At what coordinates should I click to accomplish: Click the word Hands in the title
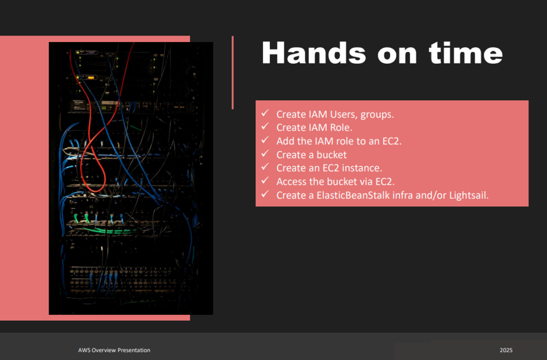click(x=314, y=53)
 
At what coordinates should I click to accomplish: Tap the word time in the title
click(x=466, y=53)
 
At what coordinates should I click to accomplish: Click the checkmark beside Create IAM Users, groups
click(x=265, y=113)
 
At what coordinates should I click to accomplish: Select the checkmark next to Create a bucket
click(x=265, y=154)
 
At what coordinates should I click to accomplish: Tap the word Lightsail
click(x=469, y=195)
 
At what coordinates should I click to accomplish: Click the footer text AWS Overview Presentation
click(x=114, y=350)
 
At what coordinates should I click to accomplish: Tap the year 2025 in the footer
click(x=506, y=350)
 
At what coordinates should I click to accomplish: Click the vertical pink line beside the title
click(x=233, y=72)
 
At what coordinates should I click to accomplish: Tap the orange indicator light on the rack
click(x=91, y=77)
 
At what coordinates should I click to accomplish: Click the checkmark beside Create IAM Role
click(x=265, y=126)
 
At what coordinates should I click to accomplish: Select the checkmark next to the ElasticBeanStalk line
click(x=265, y=194)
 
